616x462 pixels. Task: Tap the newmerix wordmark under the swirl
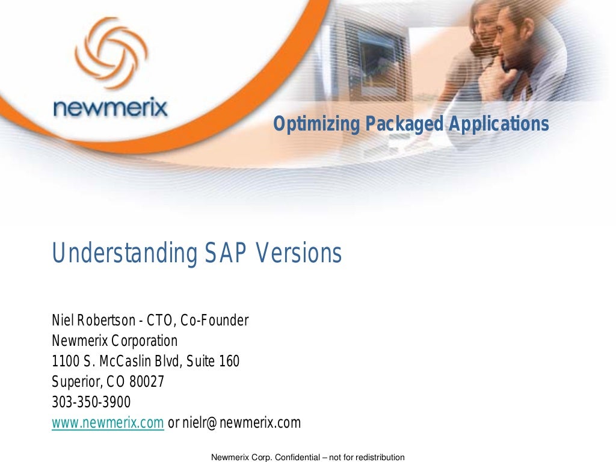pos(110,108)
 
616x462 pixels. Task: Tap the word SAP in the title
pos(227,254)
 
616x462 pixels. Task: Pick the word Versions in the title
pos(299,254)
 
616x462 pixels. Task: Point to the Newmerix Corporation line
pos(115,341)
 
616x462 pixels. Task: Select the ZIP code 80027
pos(147,382)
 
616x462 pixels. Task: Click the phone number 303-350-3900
pos(91,402)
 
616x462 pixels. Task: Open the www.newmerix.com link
pos(108,423)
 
